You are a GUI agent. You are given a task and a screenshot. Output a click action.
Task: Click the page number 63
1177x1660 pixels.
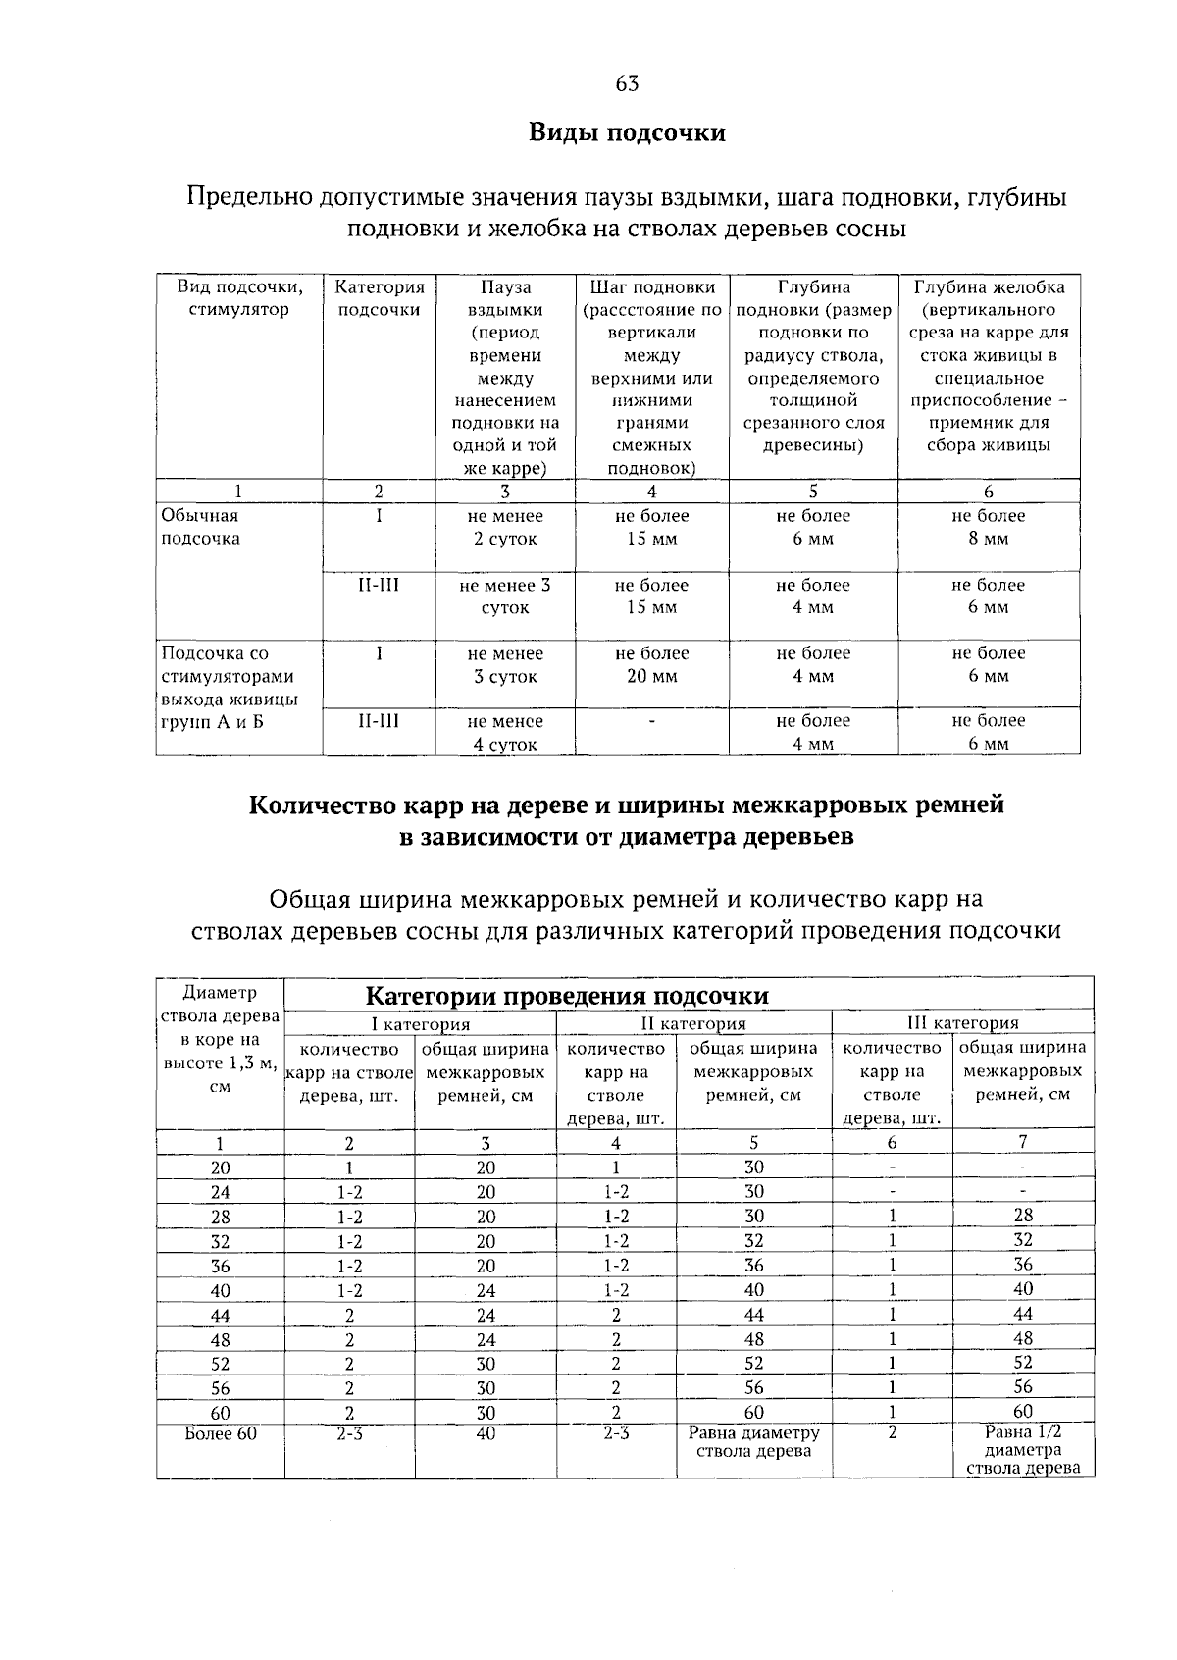click(628, 84)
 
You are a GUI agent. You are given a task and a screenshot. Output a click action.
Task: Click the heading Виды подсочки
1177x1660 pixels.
click(628, 132)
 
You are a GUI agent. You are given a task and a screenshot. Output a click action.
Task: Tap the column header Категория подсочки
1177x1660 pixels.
click(380, 298)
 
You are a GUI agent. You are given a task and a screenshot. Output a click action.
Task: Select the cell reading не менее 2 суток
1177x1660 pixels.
click(505, 527)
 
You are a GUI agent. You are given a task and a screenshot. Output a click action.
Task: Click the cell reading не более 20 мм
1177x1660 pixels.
click(652, 664)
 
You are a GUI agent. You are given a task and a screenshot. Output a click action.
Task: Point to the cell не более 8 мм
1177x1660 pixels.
click(989, 527)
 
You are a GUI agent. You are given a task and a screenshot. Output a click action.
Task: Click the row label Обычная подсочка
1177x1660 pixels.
click(199, 527)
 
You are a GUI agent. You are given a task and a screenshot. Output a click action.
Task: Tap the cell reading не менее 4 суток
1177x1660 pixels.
click(505, 732)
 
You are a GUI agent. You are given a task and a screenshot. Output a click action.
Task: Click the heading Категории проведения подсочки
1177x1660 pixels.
click(567, 996)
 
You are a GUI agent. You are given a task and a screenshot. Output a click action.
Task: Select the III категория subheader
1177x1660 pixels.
click(962, 1023)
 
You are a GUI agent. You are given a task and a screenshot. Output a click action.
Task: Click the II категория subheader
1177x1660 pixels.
click(693, 1023)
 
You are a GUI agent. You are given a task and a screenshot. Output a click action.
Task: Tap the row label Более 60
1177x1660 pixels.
click(221, 1433)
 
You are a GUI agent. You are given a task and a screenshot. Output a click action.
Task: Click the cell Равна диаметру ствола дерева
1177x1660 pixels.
click(754, 1441)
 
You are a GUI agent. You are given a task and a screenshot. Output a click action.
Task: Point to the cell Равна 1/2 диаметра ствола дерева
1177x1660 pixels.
click(1023, 1450)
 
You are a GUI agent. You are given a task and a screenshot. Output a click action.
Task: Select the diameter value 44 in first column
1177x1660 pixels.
click(221, 1316)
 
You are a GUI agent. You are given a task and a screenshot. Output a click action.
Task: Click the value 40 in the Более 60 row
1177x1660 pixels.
click(486, 1433)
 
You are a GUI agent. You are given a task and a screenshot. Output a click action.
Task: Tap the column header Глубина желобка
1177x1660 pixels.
click(989, 287)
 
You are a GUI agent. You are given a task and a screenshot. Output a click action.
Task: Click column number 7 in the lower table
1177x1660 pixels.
click(1023, 1142)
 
